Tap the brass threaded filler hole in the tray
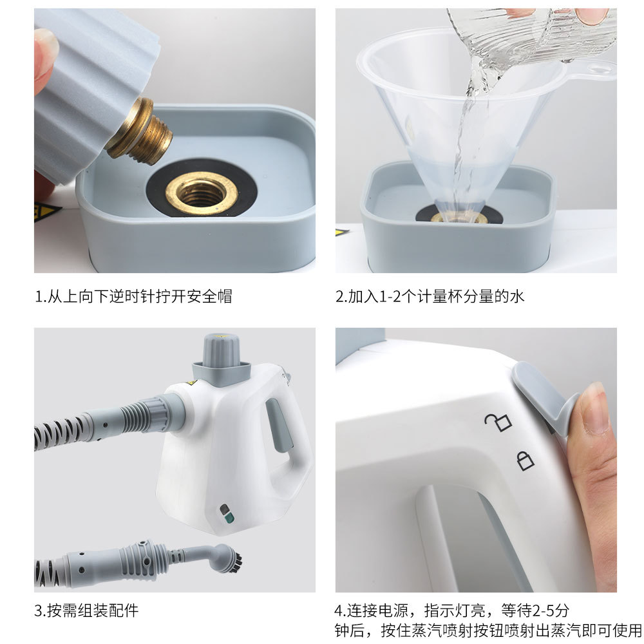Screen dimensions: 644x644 202,193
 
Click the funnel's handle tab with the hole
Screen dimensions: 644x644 591,70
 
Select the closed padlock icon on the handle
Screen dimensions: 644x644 525,460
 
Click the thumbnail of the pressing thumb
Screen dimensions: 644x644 595,408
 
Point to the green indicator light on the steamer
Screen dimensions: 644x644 229,518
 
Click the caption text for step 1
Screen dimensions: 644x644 133,296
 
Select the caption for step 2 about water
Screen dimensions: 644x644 430,296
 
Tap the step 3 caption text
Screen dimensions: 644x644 86,611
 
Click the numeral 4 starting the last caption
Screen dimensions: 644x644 339,611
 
